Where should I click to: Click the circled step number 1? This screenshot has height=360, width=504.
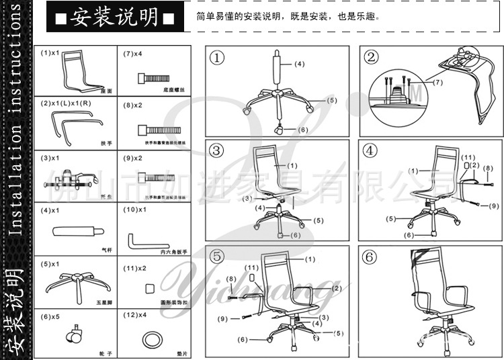click(216, 58)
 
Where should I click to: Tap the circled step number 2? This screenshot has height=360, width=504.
click(372, 58)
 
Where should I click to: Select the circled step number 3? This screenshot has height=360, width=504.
click(216, 150)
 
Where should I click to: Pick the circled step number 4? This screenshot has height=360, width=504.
click(372, 150)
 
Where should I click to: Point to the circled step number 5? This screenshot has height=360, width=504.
click(216, 257)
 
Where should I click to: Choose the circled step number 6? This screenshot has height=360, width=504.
click(372, 257)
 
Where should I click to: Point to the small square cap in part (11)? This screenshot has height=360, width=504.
click(150, 287)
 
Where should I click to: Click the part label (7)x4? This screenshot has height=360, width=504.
click(133, 52)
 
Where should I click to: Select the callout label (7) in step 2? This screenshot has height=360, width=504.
click(437, 82)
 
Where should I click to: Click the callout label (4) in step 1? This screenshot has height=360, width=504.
click(298, 64)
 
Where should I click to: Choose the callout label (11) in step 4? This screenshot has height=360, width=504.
click(469, 157)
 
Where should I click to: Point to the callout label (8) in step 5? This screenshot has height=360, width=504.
click(232, 279)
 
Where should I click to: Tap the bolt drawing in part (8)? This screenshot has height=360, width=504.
click(152, 129)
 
